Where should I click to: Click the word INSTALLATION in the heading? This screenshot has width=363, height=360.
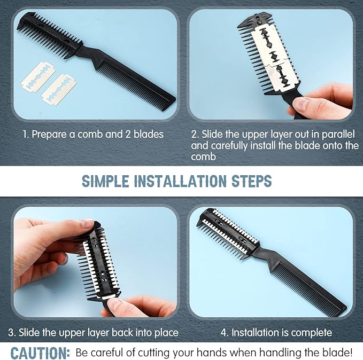coord(180,181)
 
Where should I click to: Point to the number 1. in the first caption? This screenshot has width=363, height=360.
coord(26,134)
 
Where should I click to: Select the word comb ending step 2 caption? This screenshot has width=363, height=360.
coord(203,157)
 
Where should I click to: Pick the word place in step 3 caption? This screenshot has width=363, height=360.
coord(166,333)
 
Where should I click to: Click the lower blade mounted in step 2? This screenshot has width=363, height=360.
coord(283,76)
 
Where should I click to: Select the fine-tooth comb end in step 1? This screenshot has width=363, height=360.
coord(136,81)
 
